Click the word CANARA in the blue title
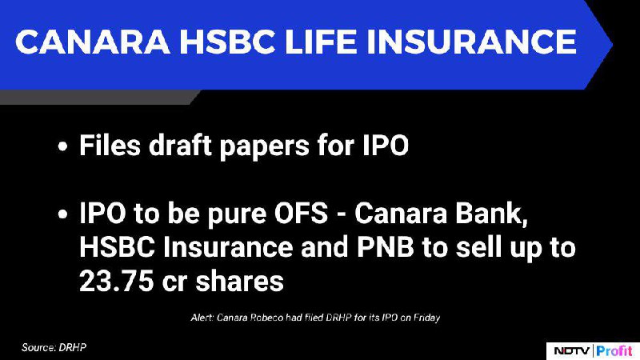pyautogui.click(x=92, y=42)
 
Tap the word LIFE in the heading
pyautogui.click(x=319, y=42)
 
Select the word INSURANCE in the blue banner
pyautogui.click(x=471, y=42)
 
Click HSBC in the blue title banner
pyautogui.click(x=227, y=42)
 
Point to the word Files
pyautogui.click(x=110, y=145)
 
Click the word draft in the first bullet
pyautogui.click(x=179, y=145)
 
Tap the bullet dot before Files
pyautogui.click(x=62, y=146)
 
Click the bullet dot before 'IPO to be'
pyautogui.click(x=62, y=214)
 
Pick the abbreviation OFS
pyautogui.click(x=301, y=213)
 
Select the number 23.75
pyautogui.click(x=116, y=282)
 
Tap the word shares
pyautogui.click(x=239, y=282)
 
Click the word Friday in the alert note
pyautogui.click(x=427, y=318)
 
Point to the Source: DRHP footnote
pyautogui.click(x=54, y=347)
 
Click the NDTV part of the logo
pyautogui.click(x=571, y=350)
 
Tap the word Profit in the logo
pyautogui.click(x=614, y=350)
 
